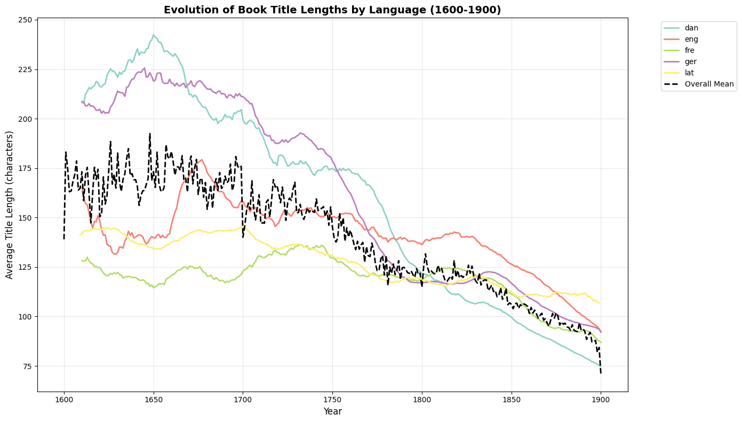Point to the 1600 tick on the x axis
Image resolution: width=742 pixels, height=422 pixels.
pos(64,398)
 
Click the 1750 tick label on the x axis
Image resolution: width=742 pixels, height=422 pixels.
pos(332,398)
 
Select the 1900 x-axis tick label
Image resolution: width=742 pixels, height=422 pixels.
pos(601,398)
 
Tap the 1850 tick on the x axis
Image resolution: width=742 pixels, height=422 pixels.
pos(512,398)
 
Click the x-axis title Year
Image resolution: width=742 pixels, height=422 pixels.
pos(332,411)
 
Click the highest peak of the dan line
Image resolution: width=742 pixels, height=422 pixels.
pos(153,35)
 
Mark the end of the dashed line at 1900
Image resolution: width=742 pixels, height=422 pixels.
pos(601,372)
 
